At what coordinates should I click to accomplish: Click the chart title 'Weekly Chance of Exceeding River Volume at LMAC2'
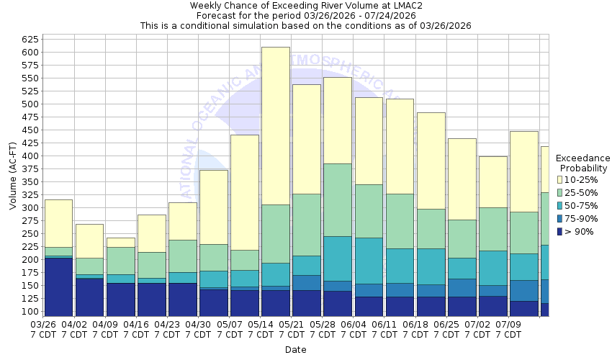click(306, 5)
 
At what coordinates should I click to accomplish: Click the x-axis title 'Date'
click(295, 350)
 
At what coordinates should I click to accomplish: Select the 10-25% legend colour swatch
click(561, 179)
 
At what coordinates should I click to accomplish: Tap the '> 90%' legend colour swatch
click(561, 232)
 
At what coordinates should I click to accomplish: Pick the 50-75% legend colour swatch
click(561, 205)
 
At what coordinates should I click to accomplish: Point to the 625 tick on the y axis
click(30, 39)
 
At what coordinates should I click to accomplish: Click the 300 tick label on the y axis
click(30, 207)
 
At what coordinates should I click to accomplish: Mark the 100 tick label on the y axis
click(30, 311)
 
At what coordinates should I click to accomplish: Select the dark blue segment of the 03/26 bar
click(58, 284)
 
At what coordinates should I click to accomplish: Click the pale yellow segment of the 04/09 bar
click(120, 242)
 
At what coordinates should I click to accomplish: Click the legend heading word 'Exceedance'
click(582, 158)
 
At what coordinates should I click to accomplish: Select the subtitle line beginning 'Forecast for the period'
click(306, 15)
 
